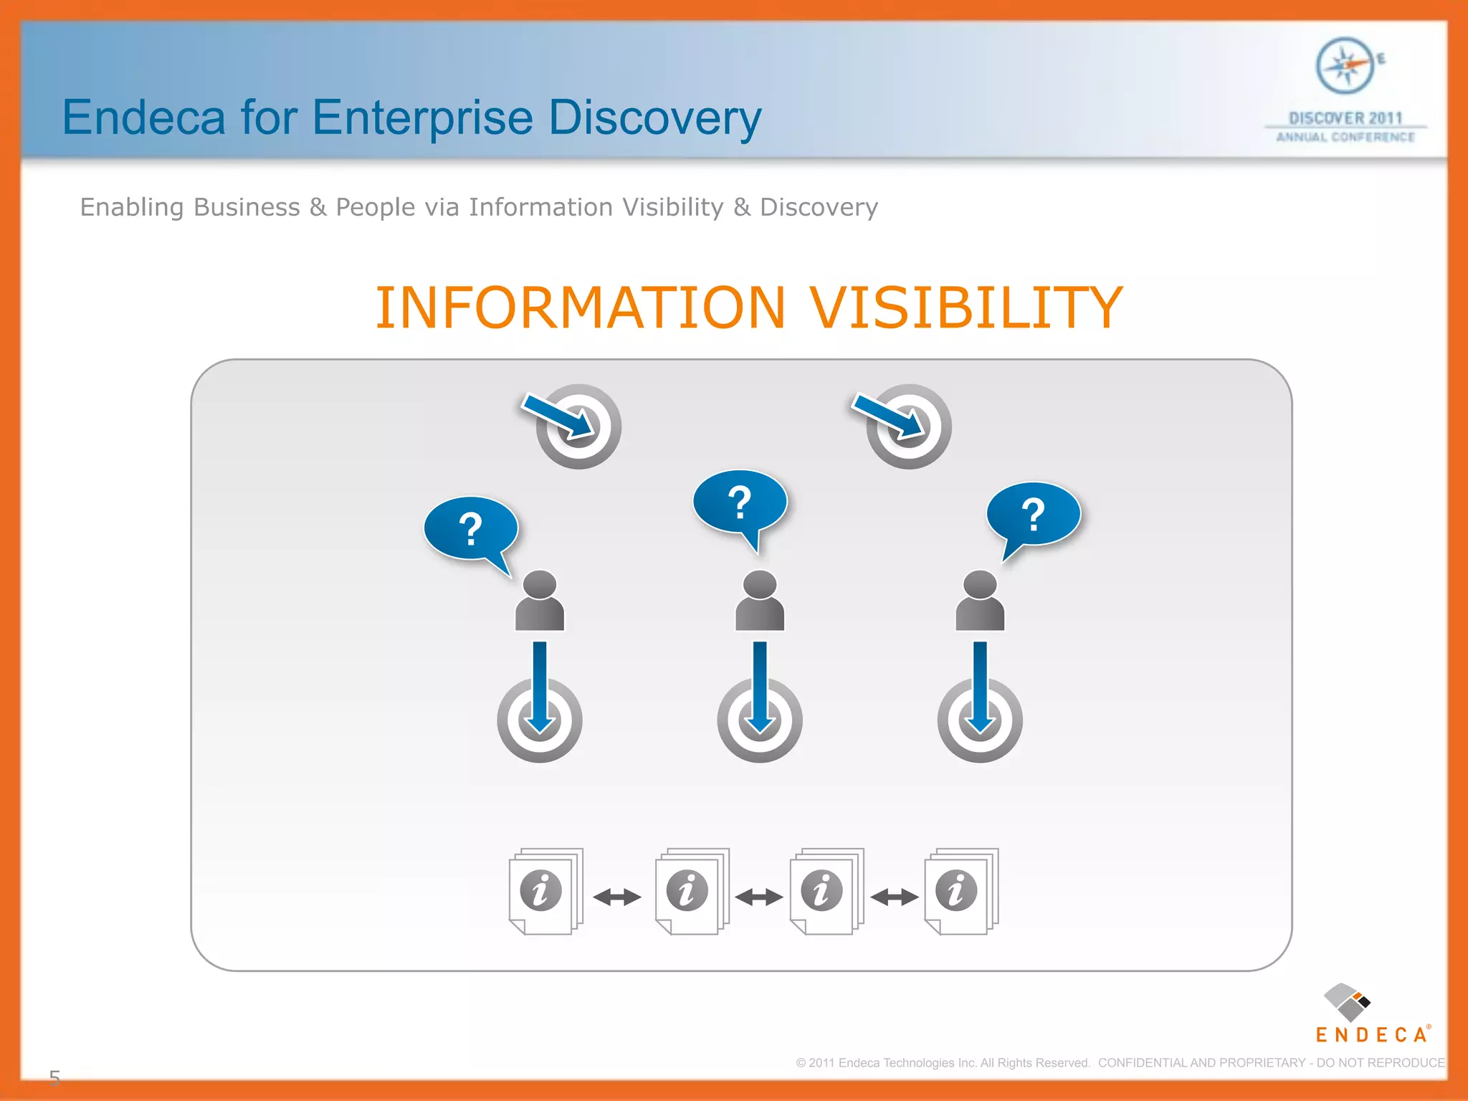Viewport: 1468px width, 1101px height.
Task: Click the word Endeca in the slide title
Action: [x=143, y=118]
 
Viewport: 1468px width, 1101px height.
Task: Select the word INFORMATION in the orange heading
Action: [x=581, y=308]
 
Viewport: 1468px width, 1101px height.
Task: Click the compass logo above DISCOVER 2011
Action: [x=1345, y=66]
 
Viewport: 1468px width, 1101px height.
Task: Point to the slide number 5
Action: [x=54, y=1077]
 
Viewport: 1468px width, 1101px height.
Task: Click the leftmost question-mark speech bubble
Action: [x=470, y=529]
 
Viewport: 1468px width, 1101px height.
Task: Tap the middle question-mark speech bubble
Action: [x=740, y=502]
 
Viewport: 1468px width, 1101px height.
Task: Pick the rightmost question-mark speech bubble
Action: [x=1033, y=515]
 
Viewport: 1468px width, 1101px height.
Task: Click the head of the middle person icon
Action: [x=760, y=584]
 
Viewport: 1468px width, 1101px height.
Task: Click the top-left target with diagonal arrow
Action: [x=578, y=426]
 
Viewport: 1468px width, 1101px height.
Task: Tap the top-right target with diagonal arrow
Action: [x=909, y=426]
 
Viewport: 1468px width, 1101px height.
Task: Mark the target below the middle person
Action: [x=760, y=720]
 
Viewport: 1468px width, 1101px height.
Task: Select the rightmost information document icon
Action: [x=961, y=891]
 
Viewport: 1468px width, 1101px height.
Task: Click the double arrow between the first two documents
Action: [x=617, y=897]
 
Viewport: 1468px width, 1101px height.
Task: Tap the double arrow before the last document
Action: [x=894, y=897]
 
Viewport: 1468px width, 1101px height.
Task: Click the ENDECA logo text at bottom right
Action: [x=1372, y=1034]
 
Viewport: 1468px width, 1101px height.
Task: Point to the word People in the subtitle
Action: [x=375, y=207]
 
